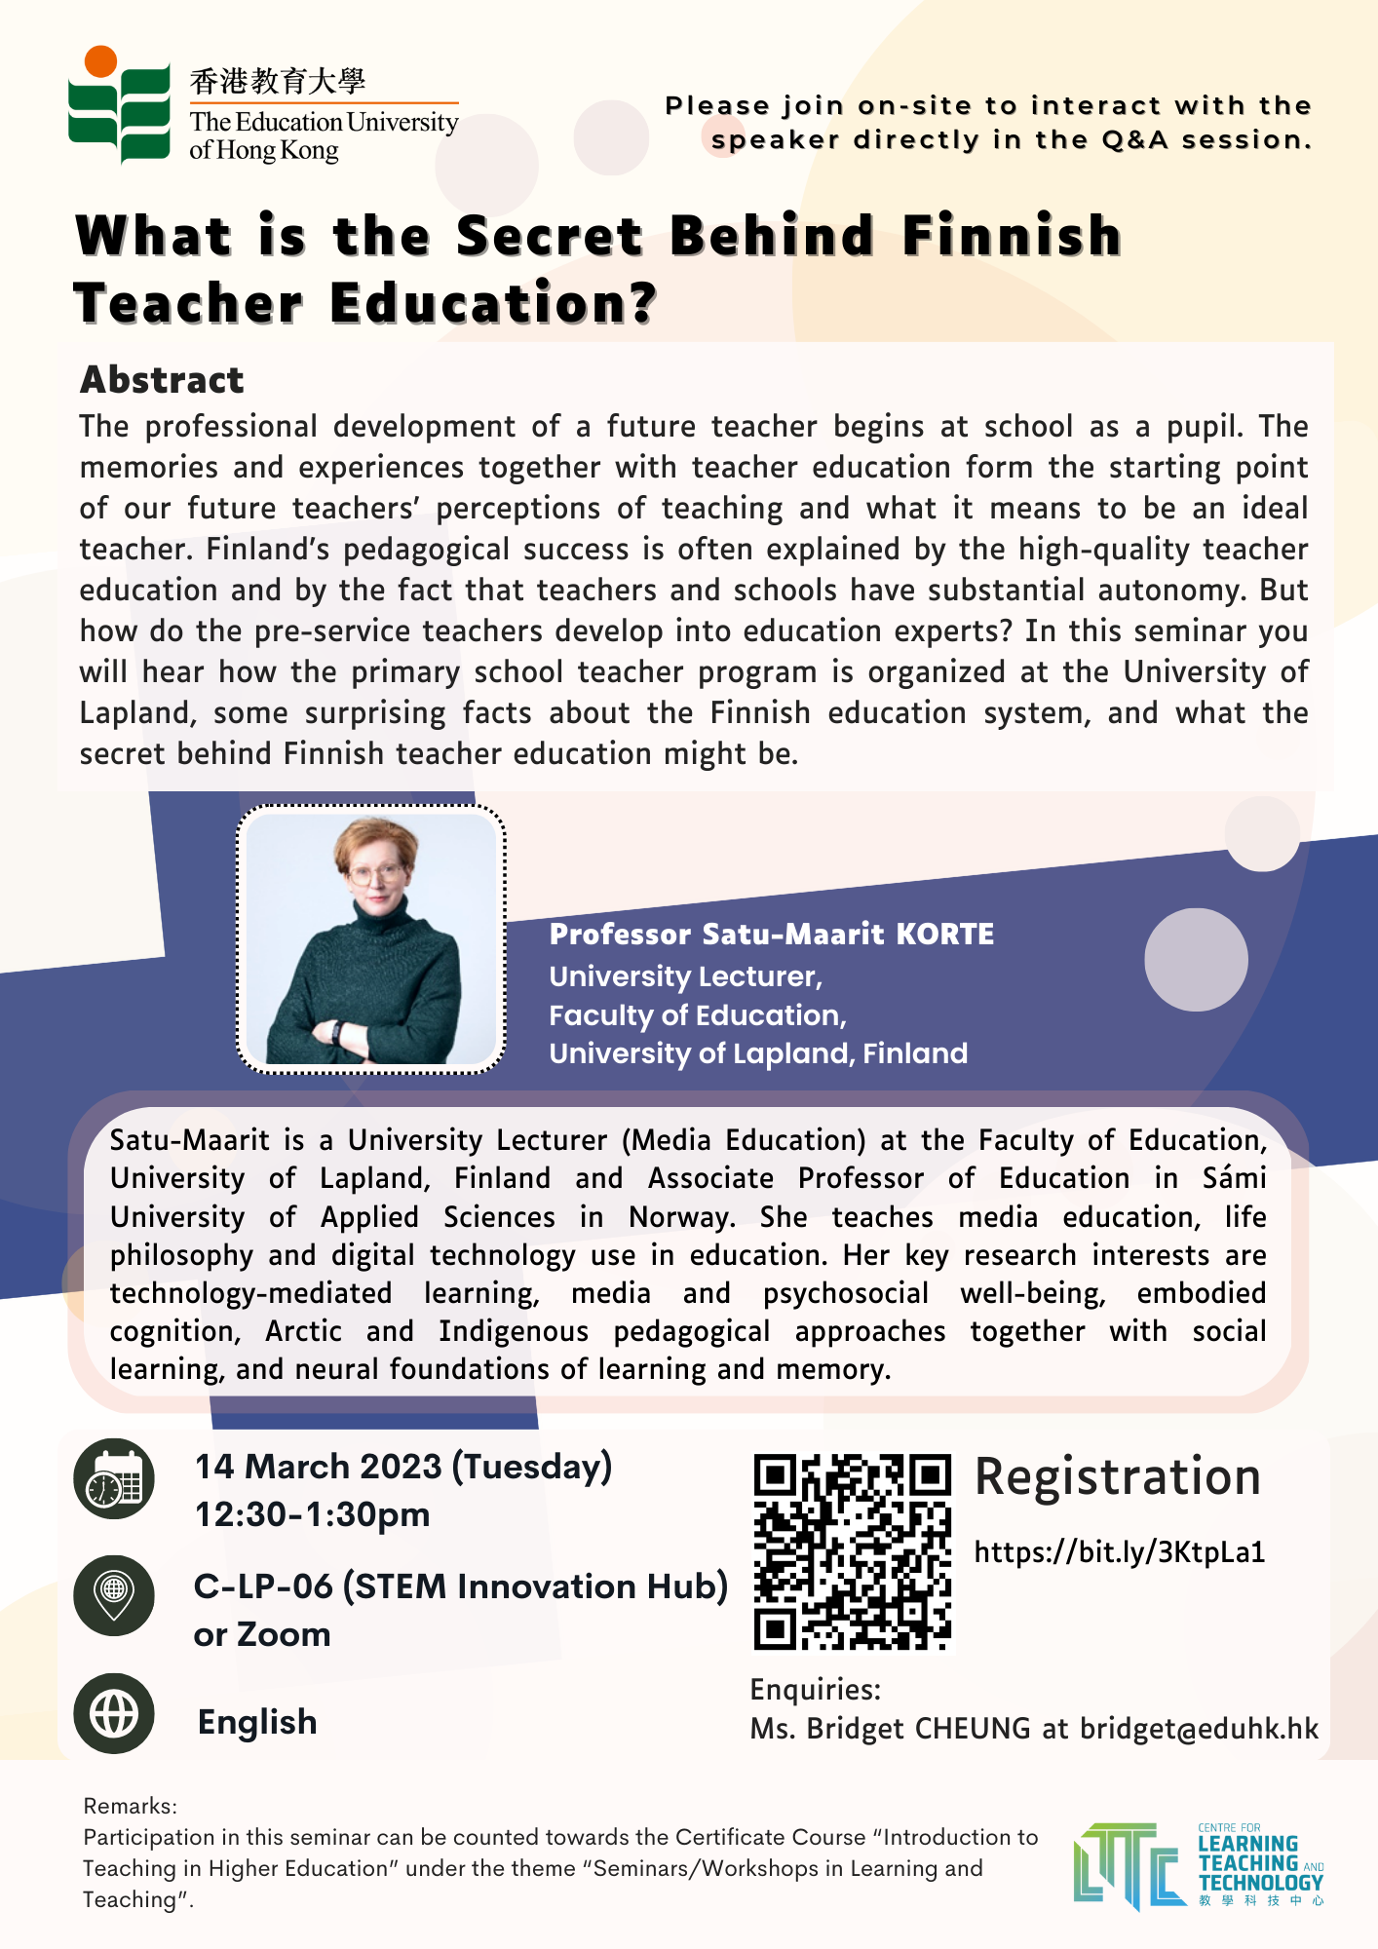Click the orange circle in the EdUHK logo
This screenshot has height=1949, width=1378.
pos(100,61)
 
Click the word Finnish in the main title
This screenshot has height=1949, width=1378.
pos(1012,236)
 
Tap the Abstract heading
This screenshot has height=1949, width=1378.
pos(162,380)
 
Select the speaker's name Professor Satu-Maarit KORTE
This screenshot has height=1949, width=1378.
pos(771,934)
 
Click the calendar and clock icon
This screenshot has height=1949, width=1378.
pos(114,1478)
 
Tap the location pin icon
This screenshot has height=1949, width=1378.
pos(114,1595)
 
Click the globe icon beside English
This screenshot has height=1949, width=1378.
pos(114,1713)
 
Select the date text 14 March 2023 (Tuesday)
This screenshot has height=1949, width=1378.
pos(402,1467)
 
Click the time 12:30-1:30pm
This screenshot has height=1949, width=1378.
pos(312,1514)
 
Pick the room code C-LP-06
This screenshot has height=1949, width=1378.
pos(263,1586)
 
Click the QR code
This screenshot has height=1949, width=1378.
pos(852,1551)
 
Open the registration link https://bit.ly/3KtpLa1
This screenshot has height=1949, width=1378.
pos(1119,1551)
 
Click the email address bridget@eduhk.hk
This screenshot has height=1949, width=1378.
pos(1199,1729)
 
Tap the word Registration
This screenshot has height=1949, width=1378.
pos(1117,1476)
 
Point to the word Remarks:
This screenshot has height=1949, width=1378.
pos(130,1806)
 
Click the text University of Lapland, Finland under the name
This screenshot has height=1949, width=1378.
pos(757,1053)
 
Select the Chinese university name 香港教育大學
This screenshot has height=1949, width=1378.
pos(278,81)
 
